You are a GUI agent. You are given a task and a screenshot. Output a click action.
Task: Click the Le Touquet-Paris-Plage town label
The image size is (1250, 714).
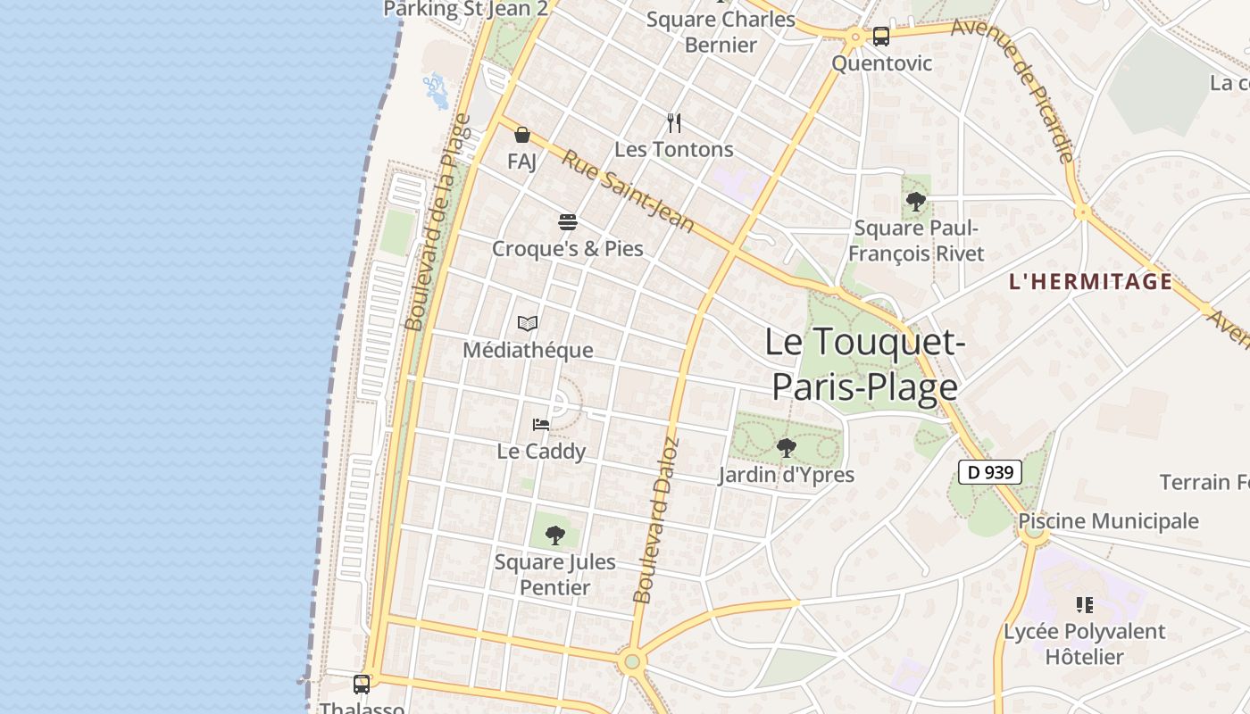click(863, 365)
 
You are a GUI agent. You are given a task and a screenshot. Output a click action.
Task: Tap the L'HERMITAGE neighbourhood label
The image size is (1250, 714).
click(1090, 282)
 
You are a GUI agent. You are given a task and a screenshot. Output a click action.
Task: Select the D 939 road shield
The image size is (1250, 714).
click(989, 472)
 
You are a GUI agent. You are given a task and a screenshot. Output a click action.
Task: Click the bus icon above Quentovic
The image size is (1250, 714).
click(880, 37)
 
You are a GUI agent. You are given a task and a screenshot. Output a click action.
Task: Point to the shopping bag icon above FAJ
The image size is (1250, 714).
click(521, 135)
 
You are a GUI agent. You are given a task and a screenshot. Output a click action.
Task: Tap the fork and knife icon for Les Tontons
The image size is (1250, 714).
click(674, 123)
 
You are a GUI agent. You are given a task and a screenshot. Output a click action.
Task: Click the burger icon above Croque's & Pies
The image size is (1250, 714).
click(568, 221)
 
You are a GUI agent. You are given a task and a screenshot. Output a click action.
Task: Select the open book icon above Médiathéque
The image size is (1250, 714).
click(528, 323)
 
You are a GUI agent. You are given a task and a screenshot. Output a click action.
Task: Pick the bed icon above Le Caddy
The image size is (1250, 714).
click(541, 424)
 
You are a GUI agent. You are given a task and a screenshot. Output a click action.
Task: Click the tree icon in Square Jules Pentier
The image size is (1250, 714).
click(554, 535)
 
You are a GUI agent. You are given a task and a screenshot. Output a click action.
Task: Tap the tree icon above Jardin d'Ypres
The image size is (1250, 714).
click(786, 448)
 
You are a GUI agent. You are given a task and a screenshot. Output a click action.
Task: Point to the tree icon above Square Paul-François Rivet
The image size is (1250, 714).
click(915, 202)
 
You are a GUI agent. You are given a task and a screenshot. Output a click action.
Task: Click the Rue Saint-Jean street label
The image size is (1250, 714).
click(628, 190)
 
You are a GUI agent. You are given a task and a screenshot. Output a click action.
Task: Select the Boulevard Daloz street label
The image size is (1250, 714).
click(656, 520)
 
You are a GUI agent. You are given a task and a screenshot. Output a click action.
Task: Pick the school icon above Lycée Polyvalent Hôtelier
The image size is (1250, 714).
click(1085, 605)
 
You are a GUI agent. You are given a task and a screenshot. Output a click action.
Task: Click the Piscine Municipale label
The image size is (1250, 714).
click(1108, 521)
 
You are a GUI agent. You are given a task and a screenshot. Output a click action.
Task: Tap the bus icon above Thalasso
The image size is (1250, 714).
click(362, 685)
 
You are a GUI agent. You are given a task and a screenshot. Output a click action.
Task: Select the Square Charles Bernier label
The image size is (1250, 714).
click(721, 31)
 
